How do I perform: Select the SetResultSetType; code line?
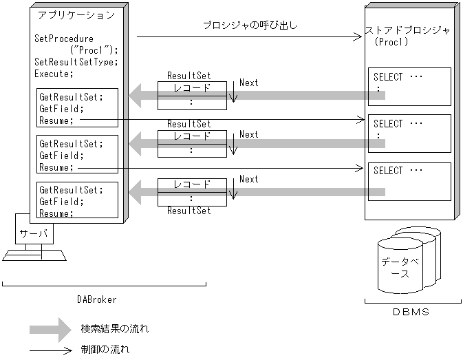76,61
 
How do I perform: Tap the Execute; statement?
53,73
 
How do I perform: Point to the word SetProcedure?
64,39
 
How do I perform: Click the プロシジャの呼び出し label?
250,25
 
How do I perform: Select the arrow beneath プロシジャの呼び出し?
249,38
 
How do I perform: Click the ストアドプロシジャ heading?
410,30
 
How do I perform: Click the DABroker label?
97,299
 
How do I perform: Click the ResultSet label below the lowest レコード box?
189,211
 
